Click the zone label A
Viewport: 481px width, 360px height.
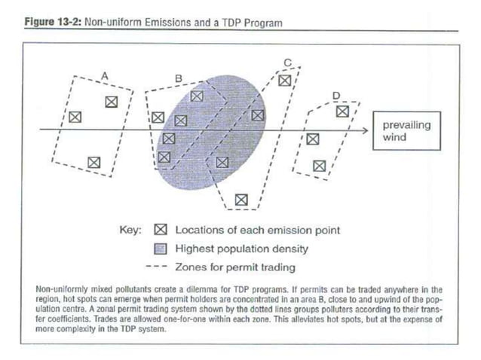click(104, 75)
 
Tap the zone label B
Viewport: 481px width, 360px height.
click(178, 78)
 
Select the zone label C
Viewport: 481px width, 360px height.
click(287, 63)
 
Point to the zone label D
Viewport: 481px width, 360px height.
click(336, 95)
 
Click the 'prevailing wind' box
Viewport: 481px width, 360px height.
click(406, 132)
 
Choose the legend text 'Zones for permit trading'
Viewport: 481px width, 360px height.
click(234, 267)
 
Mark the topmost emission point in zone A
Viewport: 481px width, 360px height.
click(112, 101)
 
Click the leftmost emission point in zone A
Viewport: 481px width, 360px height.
click(74, 117)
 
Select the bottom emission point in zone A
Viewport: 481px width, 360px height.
click(93, 162)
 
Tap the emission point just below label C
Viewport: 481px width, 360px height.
click(283, 81)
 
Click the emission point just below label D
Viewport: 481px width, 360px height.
click(342, 111)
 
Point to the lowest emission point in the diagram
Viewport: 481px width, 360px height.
click(240, 200)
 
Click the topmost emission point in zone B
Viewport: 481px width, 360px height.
click(196, 96)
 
